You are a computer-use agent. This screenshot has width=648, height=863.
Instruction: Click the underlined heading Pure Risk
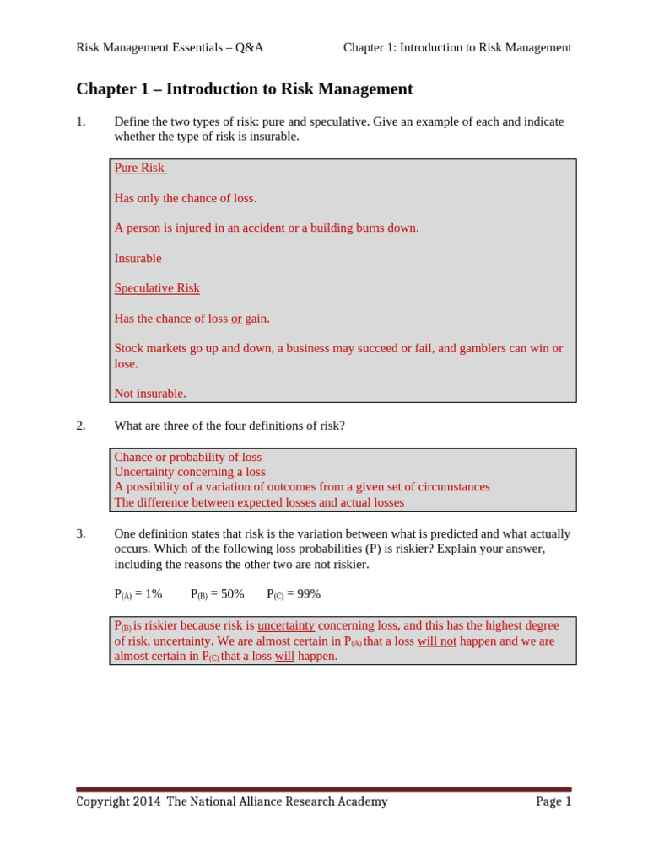click(x=139, y=168)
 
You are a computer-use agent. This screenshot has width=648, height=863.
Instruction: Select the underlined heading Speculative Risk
click(x=157, y=288)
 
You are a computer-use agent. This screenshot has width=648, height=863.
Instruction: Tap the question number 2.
click(x=81, y=426)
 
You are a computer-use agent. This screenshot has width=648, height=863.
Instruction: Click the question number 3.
click(x=81, y=533)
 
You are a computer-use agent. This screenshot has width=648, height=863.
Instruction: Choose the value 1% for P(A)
click(x=153, y=594)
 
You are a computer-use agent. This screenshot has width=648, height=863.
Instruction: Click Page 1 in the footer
click(x=553, y=801)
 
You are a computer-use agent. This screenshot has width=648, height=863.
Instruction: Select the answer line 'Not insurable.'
click(x=150, y=394)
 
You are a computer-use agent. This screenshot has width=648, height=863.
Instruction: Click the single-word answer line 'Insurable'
click(x=138, y=258)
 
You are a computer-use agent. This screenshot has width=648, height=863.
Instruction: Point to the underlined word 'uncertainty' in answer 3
click(x=286, y=625)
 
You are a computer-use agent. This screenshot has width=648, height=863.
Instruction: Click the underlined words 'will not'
click(x=437, y=641)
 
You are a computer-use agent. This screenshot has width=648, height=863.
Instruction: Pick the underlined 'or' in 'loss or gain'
click(x=236, y=319)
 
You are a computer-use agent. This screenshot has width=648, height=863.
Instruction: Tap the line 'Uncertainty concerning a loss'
click(x=190, y=472)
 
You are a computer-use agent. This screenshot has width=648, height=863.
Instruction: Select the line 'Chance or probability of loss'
click(x=188, y=457)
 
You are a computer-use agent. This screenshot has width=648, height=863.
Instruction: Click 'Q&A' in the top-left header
click(x=249, y=47)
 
